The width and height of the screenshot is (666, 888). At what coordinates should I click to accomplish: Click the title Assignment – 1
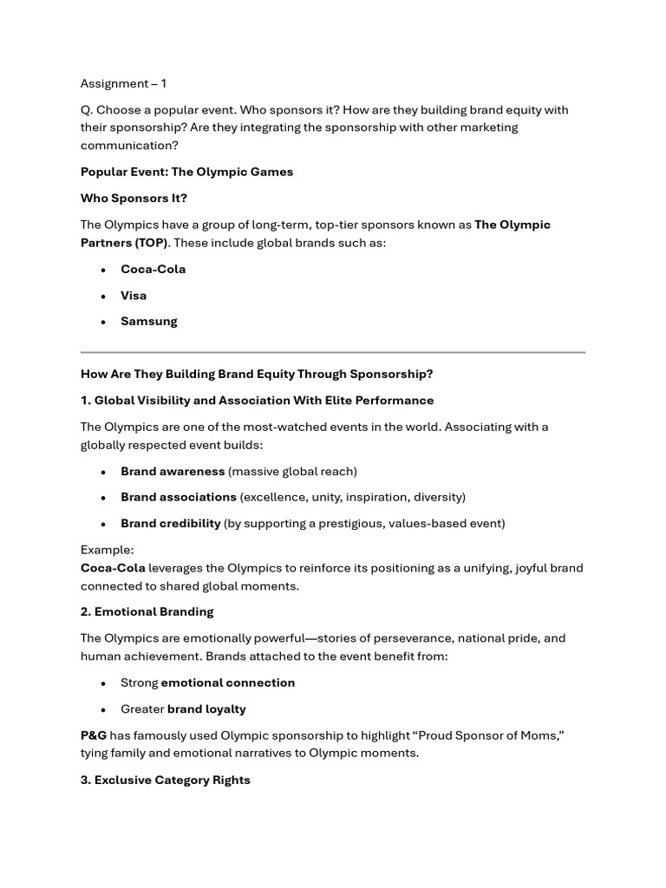[123, 83]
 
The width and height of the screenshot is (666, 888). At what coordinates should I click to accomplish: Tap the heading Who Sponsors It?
[134, 198]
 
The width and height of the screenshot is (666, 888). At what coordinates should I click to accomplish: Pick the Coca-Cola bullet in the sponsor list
[153, 269]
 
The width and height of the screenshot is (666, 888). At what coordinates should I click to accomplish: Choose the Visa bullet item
[134, 295]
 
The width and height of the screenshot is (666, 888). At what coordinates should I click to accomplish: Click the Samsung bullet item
[148, 321]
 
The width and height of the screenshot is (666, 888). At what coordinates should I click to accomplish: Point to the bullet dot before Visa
[102, 296]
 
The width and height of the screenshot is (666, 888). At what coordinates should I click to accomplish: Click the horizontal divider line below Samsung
[333, 352]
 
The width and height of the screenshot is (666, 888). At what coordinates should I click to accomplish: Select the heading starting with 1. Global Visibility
[257, 400]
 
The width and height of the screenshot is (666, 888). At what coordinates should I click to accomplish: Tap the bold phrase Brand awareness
[173, 471]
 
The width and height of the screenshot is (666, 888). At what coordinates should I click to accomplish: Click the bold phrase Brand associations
[179, 497]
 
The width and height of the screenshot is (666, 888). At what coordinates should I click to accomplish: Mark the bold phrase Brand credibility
[171, 523]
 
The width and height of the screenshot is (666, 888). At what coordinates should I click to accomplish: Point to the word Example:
[107, 550]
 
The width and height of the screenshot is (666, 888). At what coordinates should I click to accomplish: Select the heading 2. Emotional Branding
[147, 611]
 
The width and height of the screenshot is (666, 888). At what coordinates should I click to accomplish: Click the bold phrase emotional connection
[228, 682]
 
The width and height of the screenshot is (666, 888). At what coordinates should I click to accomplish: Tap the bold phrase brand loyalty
[206, 708]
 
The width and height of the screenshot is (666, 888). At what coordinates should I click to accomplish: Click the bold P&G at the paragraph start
[94, 735]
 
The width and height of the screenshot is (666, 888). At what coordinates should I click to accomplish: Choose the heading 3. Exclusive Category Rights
[165, 780]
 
